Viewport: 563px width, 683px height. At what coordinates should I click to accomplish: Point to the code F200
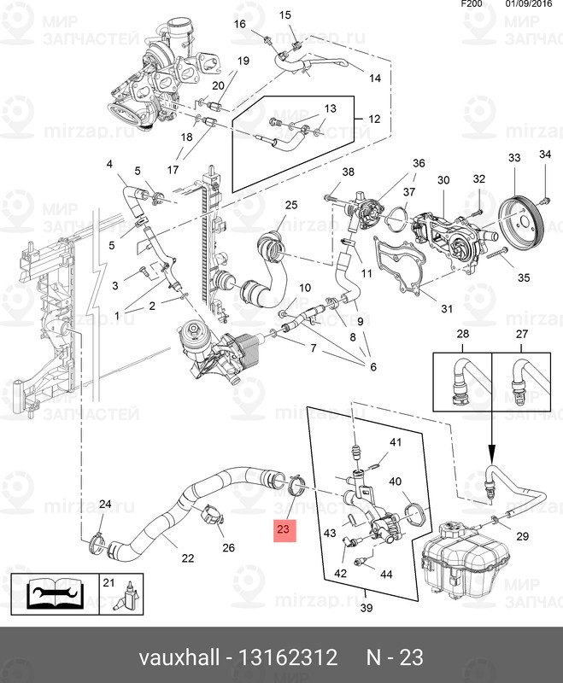pos(472,4)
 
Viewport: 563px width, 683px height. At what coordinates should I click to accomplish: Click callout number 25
pos(290,205)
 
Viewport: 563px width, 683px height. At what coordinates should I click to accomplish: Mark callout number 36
pos(419,163)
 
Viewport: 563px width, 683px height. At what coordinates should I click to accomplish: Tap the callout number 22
pos(187,558)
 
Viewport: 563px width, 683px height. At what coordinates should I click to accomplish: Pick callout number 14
pos(374,79)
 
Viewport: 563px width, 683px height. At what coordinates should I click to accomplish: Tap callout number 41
pos(396,442)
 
